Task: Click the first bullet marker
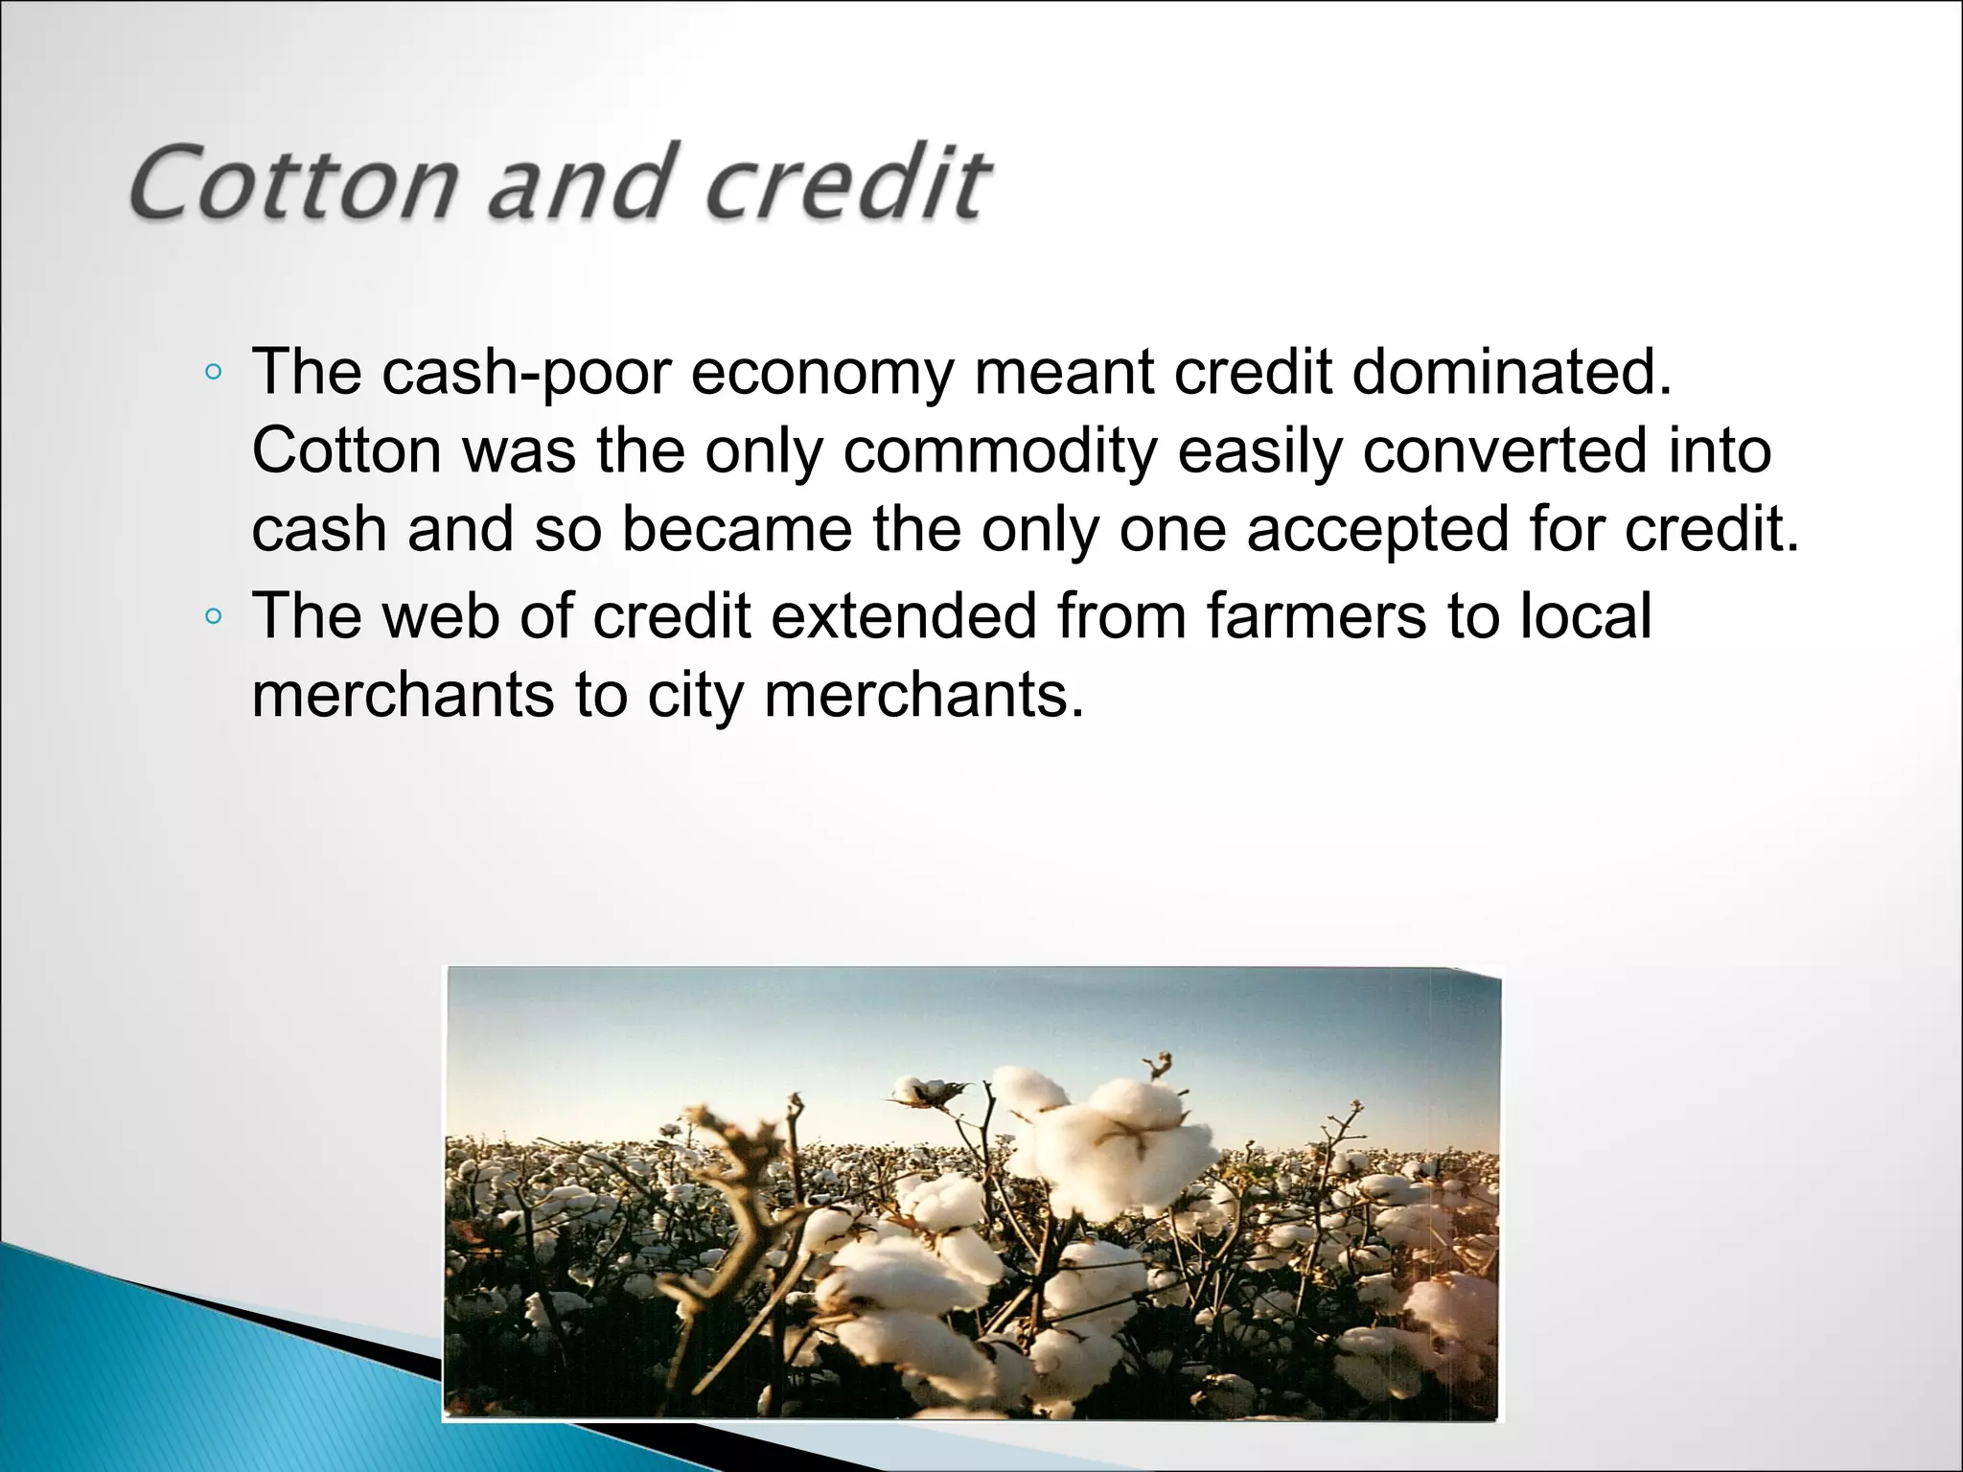(x=214, y=373)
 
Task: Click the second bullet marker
(x=214, y=616)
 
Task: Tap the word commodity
(x=1000, y=451)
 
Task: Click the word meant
(x=1064, y=373)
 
